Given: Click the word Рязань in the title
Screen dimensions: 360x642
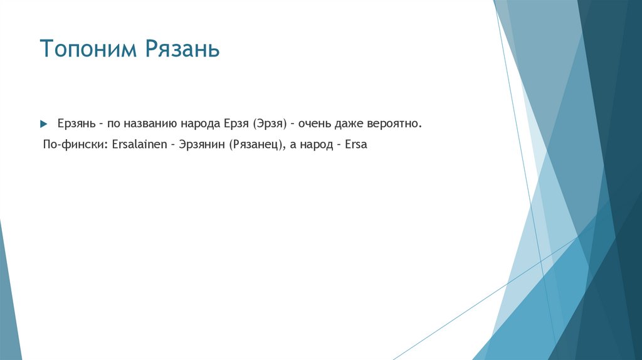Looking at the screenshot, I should pos(183,49).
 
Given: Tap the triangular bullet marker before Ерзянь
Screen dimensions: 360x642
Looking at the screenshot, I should pos(44,123).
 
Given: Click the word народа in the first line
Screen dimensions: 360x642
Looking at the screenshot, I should pos(197,123).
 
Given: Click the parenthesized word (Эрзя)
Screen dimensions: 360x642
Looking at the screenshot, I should pos(270,123).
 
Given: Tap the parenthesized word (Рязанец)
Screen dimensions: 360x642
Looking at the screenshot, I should pos(257,144).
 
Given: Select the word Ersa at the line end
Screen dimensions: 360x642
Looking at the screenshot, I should pos(356,144).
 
